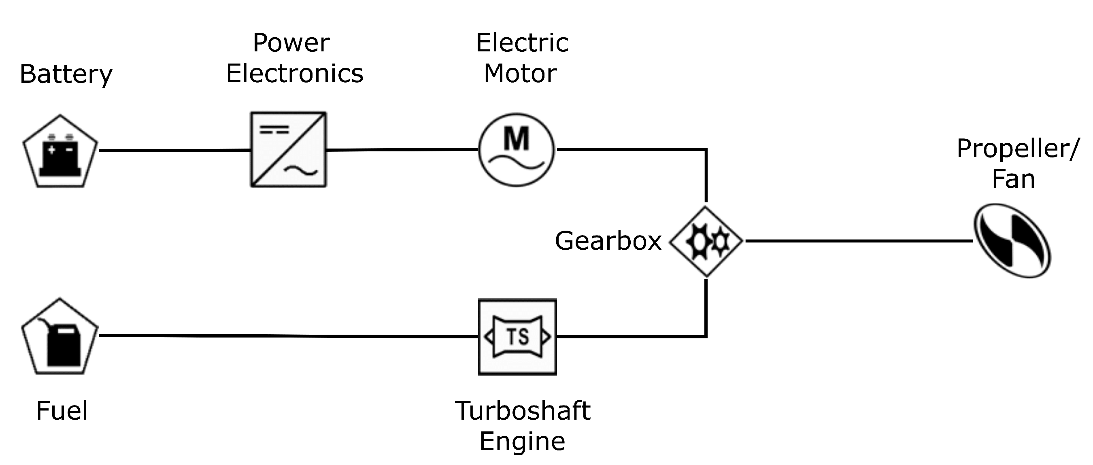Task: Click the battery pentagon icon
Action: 60,153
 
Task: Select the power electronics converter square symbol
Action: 289,149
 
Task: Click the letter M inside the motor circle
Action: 517,139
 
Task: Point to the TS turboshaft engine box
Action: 517,337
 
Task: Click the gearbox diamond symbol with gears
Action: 706,242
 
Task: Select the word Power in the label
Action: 291,43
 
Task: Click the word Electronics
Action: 294,74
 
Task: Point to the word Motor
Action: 520,74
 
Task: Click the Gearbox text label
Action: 608,241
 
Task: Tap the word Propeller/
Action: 1017,149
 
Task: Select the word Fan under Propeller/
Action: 1013,179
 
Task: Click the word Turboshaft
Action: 523,411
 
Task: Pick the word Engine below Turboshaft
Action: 522,442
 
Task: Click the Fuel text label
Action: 62,411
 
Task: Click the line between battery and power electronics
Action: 174,151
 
